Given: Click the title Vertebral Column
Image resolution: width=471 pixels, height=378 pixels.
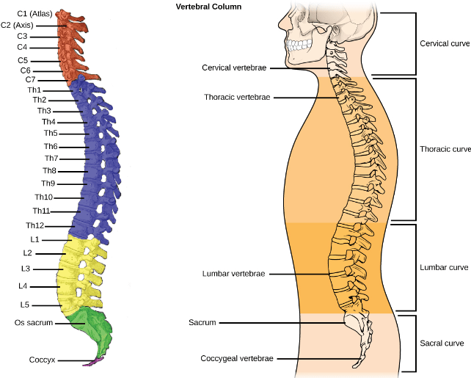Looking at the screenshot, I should (x=208, y=6).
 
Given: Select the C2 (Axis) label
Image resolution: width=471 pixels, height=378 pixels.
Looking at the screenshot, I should (x=18, y=25).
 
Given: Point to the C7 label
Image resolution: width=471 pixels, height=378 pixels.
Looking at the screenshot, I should (x=30, y=79).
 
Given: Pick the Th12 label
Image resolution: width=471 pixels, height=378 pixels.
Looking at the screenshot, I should (x=36, y=225).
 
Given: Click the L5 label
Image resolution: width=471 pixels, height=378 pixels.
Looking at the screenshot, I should (x=24, y=304).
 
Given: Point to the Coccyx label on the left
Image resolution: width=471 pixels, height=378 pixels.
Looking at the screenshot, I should (x=42, y=360).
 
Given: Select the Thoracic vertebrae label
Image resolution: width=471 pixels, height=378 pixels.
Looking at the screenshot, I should (x=236, y=97).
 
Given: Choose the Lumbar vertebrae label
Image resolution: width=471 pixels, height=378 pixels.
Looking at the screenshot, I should (x=233, y=274).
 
